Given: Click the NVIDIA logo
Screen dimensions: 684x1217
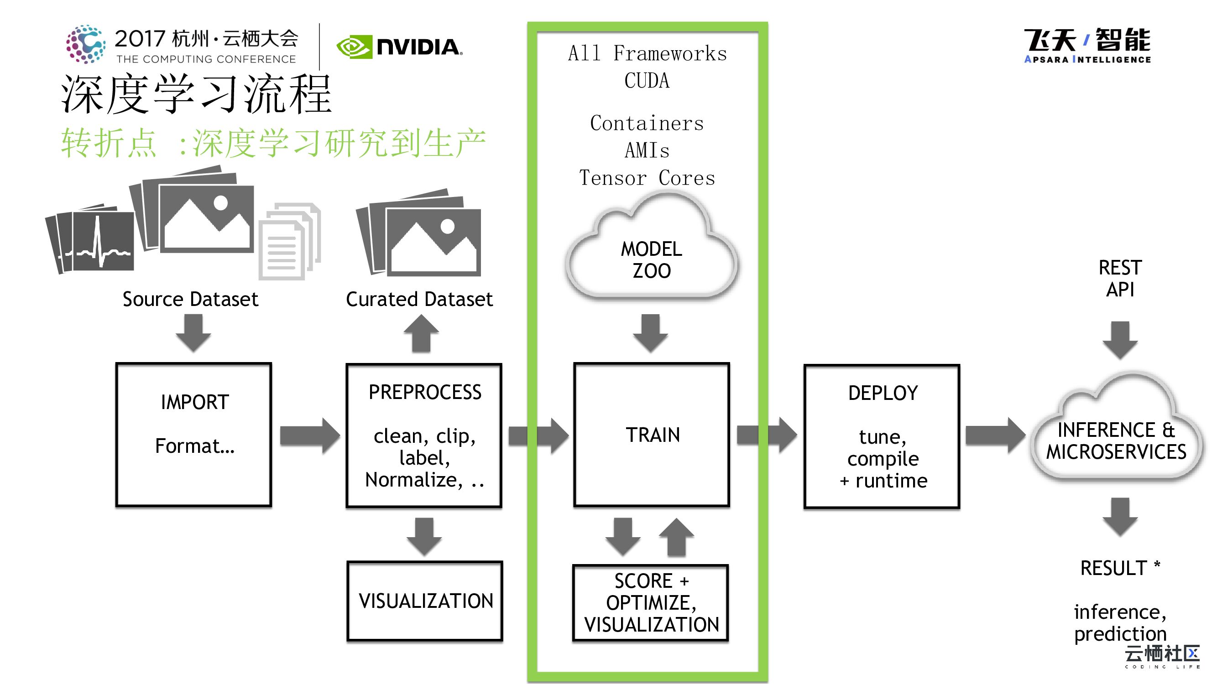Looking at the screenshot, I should pyautogui.click(x=399, y=47).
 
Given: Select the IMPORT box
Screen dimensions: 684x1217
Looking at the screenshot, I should pyautogui.click(x=193, y=434).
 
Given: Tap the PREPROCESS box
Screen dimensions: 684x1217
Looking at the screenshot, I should pyautogui.click(x=424, y=435).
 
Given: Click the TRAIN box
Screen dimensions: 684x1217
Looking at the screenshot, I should pyautogui.click(x=652, y=434).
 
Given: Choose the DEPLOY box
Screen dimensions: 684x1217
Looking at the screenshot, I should pyautogui.click(x=882, y=436).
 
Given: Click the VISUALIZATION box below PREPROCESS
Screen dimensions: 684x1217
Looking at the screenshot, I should pyautogui.click(x=425, y=601).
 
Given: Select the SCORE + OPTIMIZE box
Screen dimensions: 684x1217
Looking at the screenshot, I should pyautogui.click(x=651, y=602).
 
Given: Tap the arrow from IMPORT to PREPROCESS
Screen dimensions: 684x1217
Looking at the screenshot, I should pyautogui.click(x=309, y=435).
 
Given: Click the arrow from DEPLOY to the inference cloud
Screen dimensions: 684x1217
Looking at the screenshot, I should pyautogui.click(x=995, y=435).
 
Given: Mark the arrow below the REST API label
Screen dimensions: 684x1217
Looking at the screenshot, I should pyautogui.click(x=1120, y=339).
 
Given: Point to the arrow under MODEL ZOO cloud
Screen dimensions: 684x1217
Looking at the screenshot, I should pyautogui.click(x=651, y=332).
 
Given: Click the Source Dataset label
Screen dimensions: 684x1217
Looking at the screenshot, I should pyautogui.click(x=190, y=299).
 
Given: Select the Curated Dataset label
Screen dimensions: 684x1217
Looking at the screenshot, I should pyautogui.click(x=419, y=299).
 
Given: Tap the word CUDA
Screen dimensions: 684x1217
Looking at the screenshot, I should pyautogui.click(x=647, y=81).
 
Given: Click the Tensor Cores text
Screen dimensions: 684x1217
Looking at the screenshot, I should pyautogui.click(x=647, y=178).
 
